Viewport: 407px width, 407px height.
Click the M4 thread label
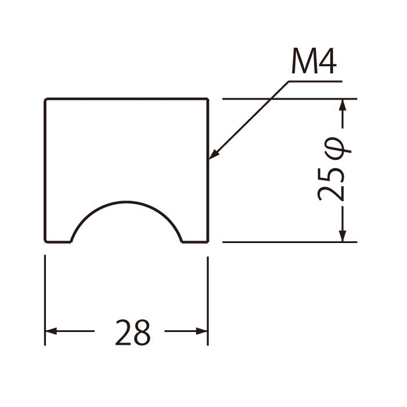[314, 61]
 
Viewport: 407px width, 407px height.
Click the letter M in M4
[302, 61]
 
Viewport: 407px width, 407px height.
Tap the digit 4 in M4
[326, 61]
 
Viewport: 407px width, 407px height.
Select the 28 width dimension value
[133, 332]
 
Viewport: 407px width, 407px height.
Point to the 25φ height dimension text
[334, 172]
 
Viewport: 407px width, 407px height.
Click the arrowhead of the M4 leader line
[213, 154]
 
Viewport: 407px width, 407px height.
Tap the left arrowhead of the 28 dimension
[51, 331]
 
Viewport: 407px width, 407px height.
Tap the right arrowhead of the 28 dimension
[202, 331]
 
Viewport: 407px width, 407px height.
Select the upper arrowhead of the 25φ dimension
[343, 105]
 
